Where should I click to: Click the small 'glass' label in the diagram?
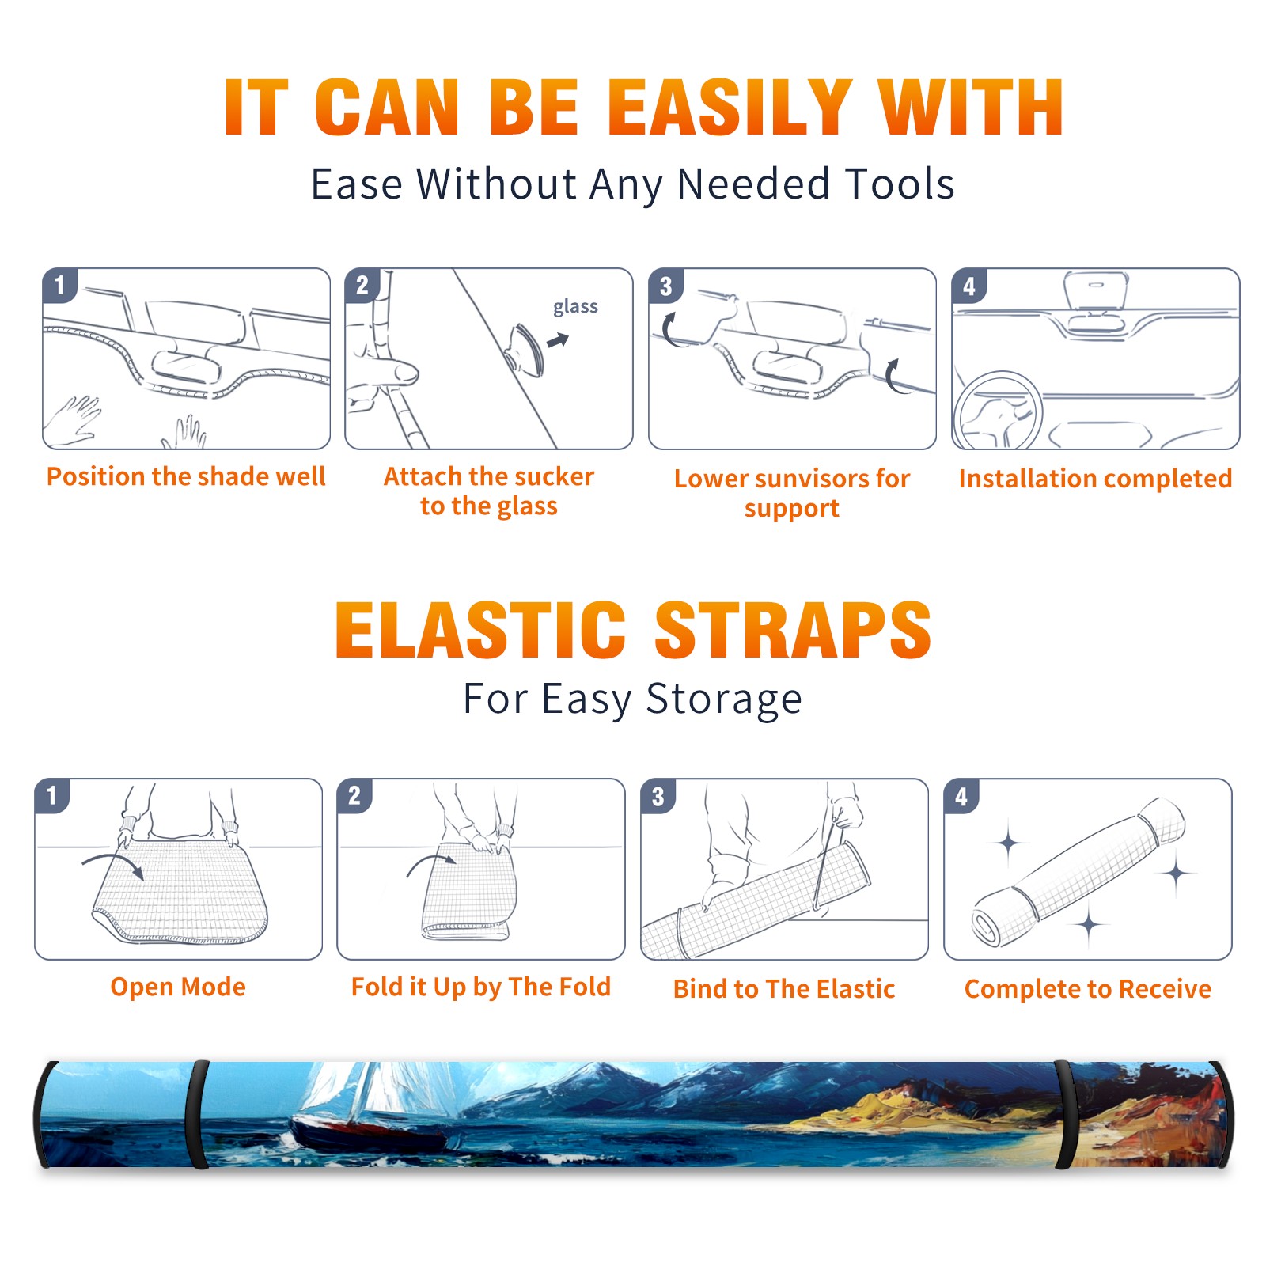click(x=575, y=307)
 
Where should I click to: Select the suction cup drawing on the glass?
click(x=525, y=349)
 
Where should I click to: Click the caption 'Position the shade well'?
click(x=186, y=476)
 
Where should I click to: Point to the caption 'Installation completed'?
click(x=1095, y=478)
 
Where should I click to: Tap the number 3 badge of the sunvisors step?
click(x=665, y=286)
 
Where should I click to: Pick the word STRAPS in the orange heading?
click(x=793, y=630)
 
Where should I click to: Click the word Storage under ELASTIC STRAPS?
click(x=724, y=699)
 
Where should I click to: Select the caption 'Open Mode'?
click(x=178, y=987)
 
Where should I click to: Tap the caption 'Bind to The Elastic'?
click(x=783, y=988)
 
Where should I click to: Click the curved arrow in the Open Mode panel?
click(x=114, y=863)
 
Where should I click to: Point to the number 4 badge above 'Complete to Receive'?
click(x=961, y=796)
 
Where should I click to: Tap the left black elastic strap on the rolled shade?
click(x=196, y=1114)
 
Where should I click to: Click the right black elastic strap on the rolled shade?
click(x=1066, y=1114)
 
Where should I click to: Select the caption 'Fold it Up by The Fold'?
click(x=480, y=987)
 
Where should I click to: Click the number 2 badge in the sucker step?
click(x=362, y=286)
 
